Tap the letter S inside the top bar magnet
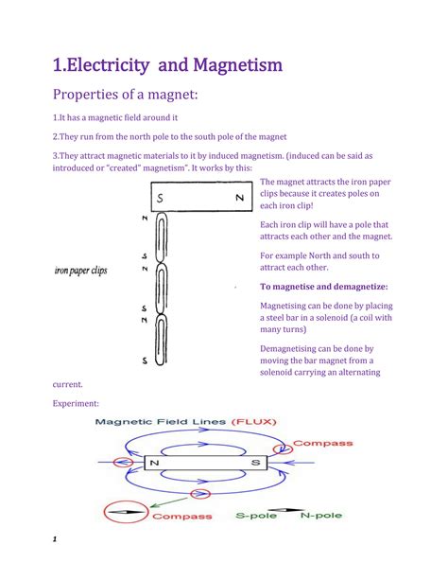coord(162,198)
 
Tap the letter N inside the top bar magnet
coord(240,198)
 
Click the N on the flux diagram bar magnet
coord(152,464)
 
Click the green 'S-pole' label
coord(260,517)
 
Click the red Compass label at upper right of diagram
coord(323,442)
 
